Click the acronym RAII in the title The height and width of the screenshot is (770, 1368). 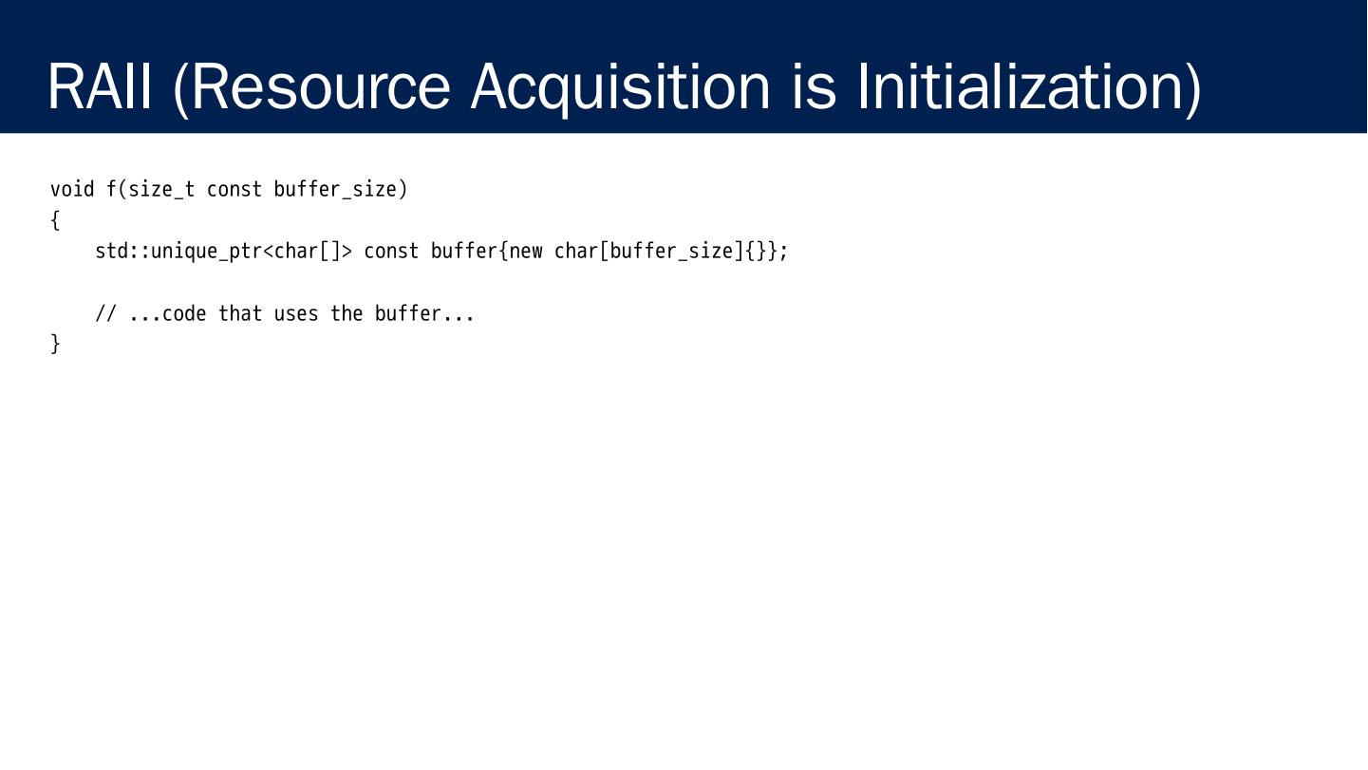(x=99, y=86)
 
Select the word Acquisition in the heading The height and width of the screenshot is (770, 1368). (x=620, y=86)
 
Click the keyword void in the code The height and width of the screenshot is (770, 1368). (x=72, y=189)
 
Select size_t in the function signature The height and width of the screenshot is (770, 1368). (x=161, y=189)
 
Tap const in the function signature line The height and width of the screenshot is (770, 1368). (x=234, y=189)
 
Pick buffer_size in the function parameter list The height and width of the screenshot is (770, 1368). (x=335, y=189)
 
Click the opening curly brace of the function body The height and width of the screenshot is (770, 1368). (x=55, y=221)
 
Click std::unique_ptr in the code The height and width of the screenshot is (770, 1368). (x=178, y=252)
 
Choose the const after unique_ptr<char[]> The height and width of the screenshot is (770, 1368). (x=391, y=252)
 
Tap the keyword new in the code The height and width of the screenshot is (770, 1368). (x=526, y=252)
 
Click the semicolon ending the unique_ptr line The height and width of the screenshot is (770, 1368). (x=784, y=252)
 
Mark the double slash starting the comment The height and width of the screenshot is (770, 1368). (x=105, y=313)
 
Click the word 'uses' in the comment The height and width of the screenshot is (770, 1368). (x=296, y=313)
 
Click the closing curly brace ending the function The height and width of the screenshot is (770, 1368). (x=55, y=344)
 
